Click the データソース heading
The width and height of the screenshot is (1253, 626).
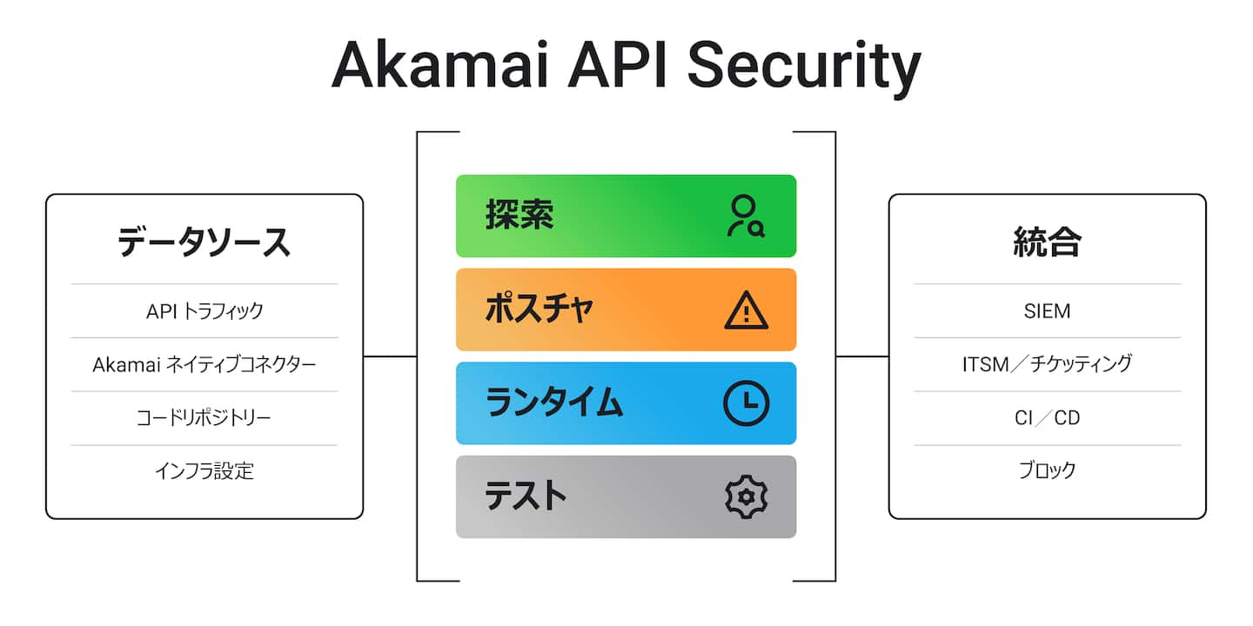point(204,243)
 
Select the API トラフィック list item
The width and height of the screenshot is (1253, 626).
point(204,311)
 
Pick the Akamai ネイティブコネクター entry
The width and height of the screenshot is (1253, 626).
point(204,364)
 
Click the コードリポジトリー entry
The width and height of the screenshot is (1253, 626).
point(204,418)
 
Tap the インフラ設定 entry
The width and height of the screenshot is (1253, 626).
point(204,471)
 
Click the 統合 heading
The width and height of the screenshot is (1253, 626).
point(1047,243)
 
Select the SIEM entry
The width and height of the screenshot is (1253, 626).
point(1047,311)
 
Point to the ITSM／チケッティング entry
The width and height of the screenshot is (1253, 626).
point(1047,364)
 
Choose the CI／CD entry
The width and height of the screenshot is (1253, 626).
point(1047,418)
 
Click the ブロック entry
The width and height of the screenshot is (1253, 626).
point(1047,471)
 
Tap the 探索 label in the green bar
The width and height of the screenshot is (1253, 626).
point(519,216)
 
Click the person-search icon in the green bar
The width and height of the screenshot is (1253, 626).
point(746,216)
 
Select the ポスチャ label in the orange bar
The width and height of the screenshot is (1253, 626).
point(539,310)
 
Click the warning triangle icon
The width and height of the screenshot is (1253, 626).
point(746,310)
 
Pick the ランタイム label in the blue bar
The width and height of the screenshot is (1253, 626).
point(554,403)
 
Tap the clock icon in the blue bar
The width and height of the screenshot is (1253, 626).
point(746,403)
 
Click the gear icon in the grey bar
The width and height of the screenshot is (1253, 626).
point(746,497)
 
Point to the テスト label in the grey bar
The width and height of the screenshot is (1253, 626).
point(526,496)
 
